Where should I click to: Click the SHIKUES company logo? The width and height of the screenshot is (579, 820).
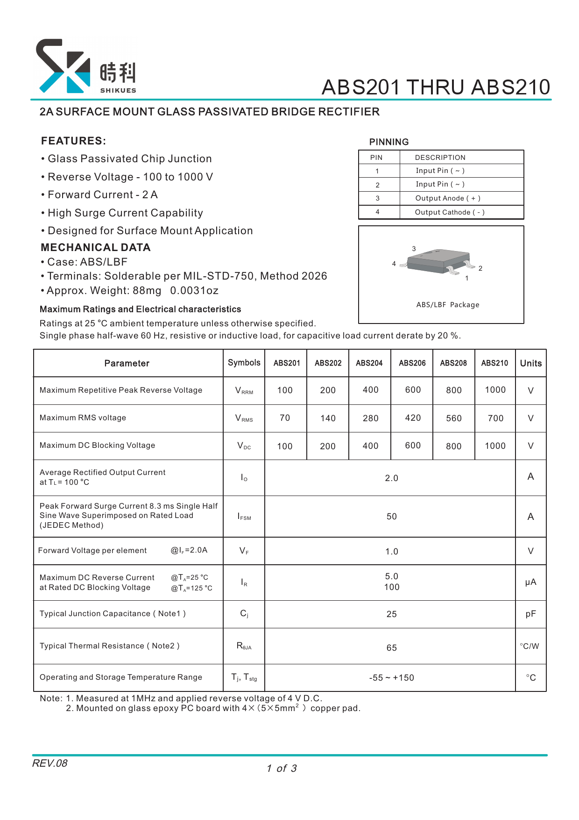[x=86, y=66]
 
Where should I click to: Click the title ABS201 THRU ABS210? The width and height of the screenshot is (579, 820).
[x=436, y=87]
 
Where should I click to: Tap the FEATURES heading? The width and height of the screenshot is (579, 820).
[x=73, y=141]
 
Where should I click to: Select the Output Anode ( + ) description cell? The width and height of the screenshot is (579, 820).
[x=447, y=198]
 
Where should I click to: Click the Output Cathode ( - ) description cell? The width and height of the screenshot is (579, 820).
[x=449, y=212]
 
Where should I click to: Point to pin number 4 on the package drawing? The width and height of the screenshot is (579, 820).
[x=394, y=264]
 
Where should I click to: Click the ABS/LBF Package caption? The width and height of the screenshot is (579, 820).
[x=447, y=305]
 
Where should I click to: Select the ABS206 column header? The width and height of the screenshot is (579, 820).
[x=412, y=363]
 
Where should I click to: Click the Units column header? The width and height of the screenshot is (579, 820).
[x=530, y=363]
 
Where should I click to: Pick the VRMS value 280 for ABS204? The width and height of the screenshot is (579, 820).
[x=370, y=418]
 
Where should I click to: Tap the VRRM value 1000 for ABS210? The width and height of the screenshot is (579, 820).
[x=495, y=390]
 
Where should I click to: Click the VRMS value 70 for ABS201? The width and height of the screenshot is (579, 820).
[x=285, y=418]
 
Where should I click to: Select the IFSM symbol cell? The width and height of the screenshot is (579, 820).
[x=244, y=517]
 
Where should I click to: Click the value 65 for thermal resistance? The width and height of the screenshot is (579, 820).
[x=391, y=648]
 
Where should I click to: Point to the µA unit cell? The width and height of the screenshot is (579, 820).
[x=530, y=583]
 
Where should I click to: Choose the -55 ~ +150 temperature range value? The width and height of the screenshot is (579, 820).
[x=391, y=678]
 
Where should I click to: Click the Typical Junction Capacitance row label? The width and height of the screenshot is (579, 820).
[x=113, y=614]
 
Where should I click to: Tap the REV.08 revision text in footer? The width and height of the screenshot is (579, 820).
[x=49, y=763]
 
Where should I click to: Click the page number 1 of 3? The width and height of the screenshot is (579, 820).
[x=282, y=769]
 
